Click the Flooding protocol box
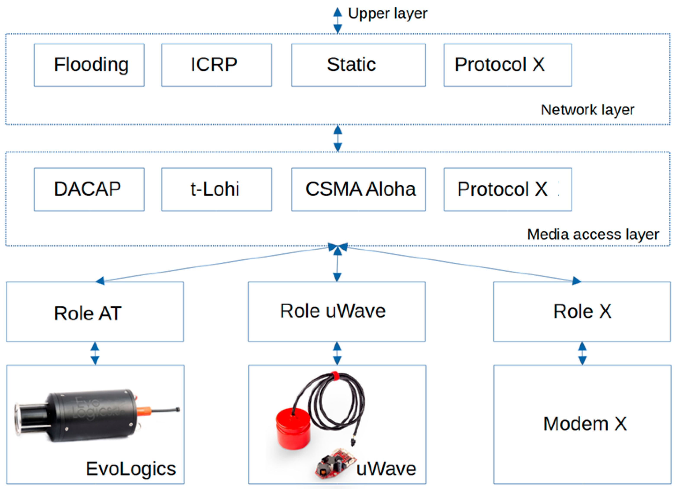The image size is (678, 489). click(89, 65)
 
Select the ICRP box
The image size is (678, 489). click(216, 65)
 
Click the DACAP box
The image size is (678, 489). click(89, 189)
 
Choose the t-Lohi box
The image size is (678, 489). click(216, 189)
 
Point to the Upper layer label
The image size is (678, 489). click(387, 13)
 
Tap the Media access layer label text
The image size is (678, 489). click(592, 234)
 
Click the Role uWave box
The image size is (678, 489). click(337, 311)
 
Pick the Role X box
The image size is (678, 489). click(582, 311)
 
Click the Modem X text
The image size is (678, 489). click(585, 424)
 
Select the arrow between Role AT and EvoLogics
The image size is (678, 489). click(95, 353)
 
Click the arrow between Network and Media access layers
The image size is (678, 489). click(337, 138)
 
